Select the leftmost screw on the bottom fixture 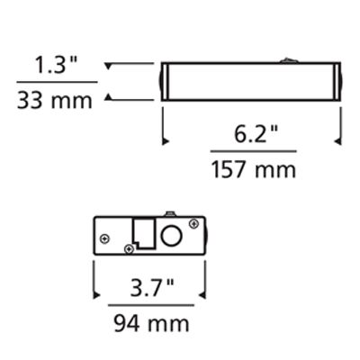[x=105, y=238]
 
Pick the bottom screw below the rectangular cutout [x=133, y=246]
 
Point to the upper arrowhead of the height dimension [x=109, y=65]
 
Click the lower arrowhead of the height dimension [x=109, y=96]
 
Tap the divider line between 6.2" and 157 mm [x=252, y=152]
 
